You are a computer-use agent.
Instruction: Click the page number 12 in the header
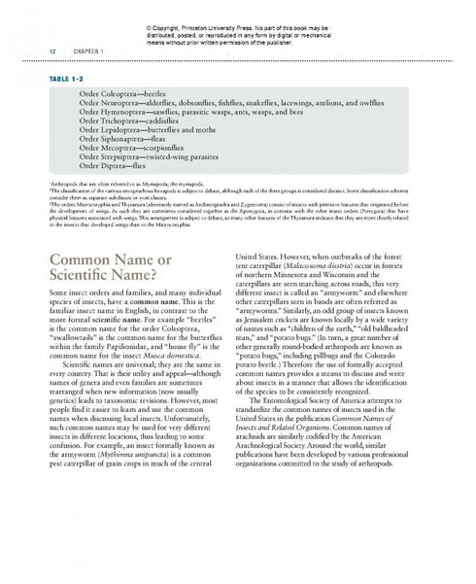37,49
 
